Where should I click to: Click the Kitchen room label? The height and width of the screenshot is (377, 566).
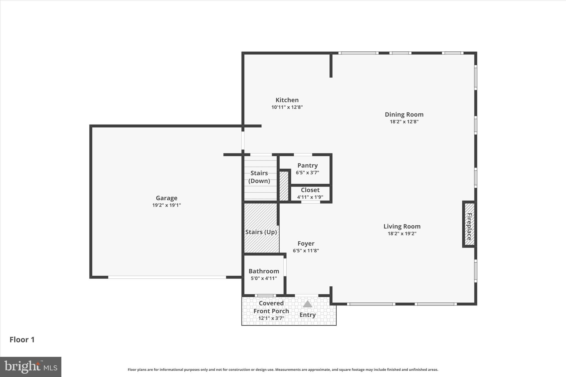point(287,100)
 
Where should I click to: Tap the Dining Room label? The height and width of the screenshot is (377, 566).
point(404,114)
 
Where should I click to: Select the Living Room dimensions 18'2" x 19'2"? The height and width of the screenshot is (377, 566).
point(402,234)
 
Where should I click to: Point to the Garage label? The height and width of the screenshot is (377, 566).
point(166,198)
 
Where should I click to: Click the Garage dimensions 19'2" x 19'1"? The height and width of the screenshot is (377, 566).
point(166,205)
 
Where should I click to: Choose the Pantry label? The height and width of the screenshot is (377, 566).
point(307,165)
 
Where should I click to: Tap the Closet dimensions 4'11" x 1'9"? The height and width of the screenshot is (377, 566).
point(310,197)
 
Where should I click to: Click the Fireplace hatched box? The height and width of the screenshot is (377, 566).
point(469,224)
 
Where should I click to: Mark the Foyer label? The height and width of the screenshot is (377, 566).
point(306,244)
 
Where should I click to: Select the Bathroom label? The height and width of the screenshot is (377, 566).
point(264,271)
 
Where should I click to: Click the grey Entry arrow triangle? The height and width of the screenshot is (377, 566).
point(307,304)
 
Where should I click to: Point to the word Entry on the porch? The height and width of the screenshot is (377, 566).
point(307,315)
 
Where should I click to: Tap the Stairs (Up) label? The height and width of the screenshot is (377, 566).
point(261,232)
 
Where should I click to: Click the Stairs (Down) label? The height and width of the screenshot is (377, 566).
point(259,177)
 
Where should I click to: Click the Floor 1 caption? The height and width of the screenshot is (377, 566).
point(22,340)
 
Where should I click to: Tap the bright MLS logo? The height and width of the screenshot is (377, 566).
point(31,367)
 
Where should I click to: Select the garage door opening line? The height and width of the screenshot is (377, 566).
point(167,277)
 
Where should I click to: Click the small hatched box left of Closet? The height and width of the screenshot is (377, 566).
point(284,186)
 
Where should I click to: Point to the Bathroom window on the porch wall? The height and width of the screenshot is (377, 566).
point(265,296)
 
